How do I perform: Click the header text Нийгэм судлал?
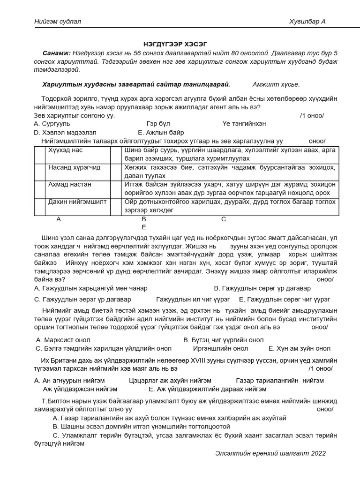[x=57, y=22]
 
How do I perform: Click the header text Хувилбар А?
[x=308, y=22]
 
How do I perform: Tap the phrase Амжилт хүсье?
[x=276, y=84]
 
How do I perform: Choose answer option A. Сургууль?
[x=52, y=124]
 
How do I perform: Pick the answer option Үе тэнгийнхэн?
[x=244, y=124]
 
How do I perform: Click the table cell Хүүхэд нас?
[x=65, y=150]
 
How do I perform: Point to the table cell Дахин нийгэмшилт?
[x=77, y=202]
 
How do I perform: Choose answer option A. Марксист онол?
[x=63, y=340]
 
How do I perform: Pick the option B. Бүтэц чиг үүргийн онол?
[x=224, y=340]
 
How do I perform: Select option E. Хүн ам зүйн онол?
[x=300, y=348]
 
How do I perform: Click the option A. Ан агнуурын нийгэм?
[x=69, y=380]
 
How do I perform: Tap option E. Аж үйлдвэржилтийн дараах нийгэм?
[x=208, y=389]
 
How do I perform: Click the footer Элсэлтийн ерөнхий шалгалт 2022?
[x=270, y=453]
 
